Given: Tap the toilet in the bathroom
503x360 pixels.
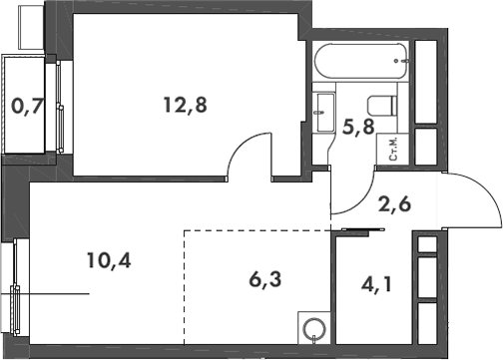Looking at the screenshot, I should point(380,104).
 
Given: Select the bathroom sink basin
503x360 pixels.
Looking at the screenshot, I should point(324,108).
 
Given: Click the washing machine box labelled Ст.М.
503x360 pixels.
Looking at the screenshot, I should point(393,150).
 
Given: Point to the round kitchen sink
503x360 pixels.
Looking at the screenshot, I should point(314,328).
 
